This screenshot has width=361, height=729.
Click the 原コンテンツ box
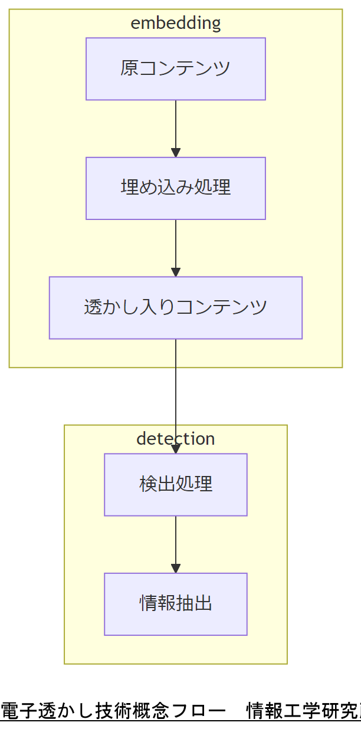pos(175,69)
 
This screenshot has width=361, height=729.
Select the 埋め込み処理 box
pos(175,188)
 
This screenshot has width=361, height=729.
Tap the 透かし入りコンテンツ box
pos(175,307)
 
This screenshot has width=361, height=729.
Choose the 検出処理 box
pos(175,484)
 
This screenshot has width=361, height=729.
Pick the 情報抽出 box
pos(175,603)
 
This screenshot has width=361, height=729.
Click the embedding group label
pos(175,23)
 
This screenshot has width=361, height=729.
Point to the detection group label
pos(175,439)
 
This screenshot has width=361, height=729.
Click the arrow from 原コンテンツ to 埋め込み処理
pos(175,127)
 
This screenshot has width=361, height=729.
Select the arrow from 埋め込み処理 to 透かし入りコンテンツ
pos(175,246)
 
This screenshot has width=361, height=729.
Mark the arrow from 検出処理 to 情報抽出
pos(175,543)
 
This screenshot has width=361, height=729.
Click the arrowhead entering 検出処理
pos(175,449)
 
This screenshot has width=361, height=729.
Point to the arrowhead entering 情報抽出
pos(175,568)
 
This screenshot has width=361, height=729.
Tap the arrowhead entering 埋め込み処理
pos(175,153)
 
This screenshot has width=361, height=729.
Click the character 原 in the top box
pos(130,68)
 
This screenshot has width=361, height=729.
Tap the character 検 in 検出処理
pos(148,484)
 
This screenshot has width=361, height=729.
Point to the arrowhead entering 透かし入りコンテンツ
pos(175,272)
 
